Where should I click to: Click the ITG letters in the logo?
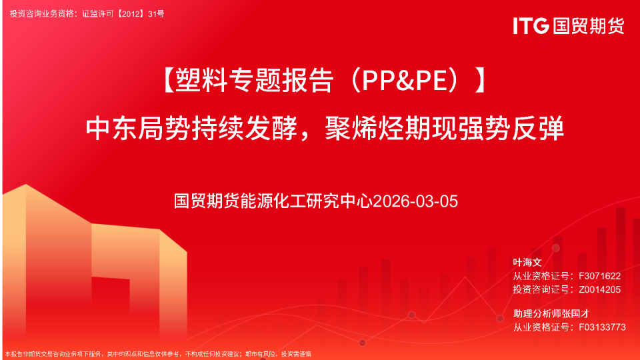(x=531, y=25)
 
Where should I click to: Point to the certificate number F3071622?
(x=600, y=276)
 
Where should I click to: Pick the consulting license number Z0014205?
(x=600, y=289)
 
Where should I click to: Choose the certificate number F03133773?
(x=603, y=327)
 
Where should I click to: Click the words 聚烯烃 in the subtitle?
(x=361, y=127)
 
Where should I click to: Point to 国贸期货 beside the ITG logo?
(x=587, y=25)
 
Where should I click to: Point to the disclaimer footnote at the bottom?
(x=158, y=354)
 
